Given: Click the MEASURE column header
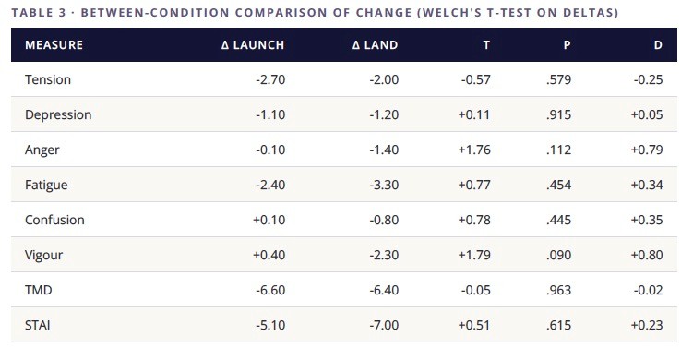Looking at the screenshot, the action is [54, 44].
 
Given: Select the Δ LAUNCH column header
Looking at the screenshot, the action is [252, 44].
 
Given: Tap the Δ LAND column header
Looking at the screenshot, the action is [375, 44].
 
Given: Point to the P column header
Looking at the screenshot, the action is [567, 44].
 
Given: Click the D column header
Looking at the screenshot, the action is [658, 44].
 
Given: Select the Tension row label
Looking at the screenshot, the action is [48, 79].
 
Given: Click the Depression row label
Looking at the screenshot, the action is [58, 115].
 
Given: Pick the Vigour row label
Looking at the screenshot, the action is [43, 255].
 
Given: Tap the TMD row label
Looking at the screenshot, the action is [39, 290].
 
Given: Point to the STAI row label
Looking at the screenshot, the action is [38, 325].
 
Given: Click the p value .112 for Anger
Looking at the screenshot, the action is [558, 150].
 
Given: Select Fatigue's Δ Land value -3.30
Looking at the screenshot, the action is [384, 185].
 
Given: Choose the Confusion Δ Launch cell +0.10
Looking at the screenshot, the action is [269, 220].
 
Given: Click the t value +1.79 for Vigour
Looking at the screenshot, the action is [474, 255].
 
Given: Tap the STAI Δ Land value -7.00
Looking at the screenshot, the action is [384, 325].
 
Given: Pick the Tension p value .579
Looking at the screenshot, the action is [558, 79].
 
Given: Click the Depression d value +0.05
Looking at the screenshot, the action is [647, 115].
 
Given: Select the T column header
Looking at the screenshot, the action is [486, 44].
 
